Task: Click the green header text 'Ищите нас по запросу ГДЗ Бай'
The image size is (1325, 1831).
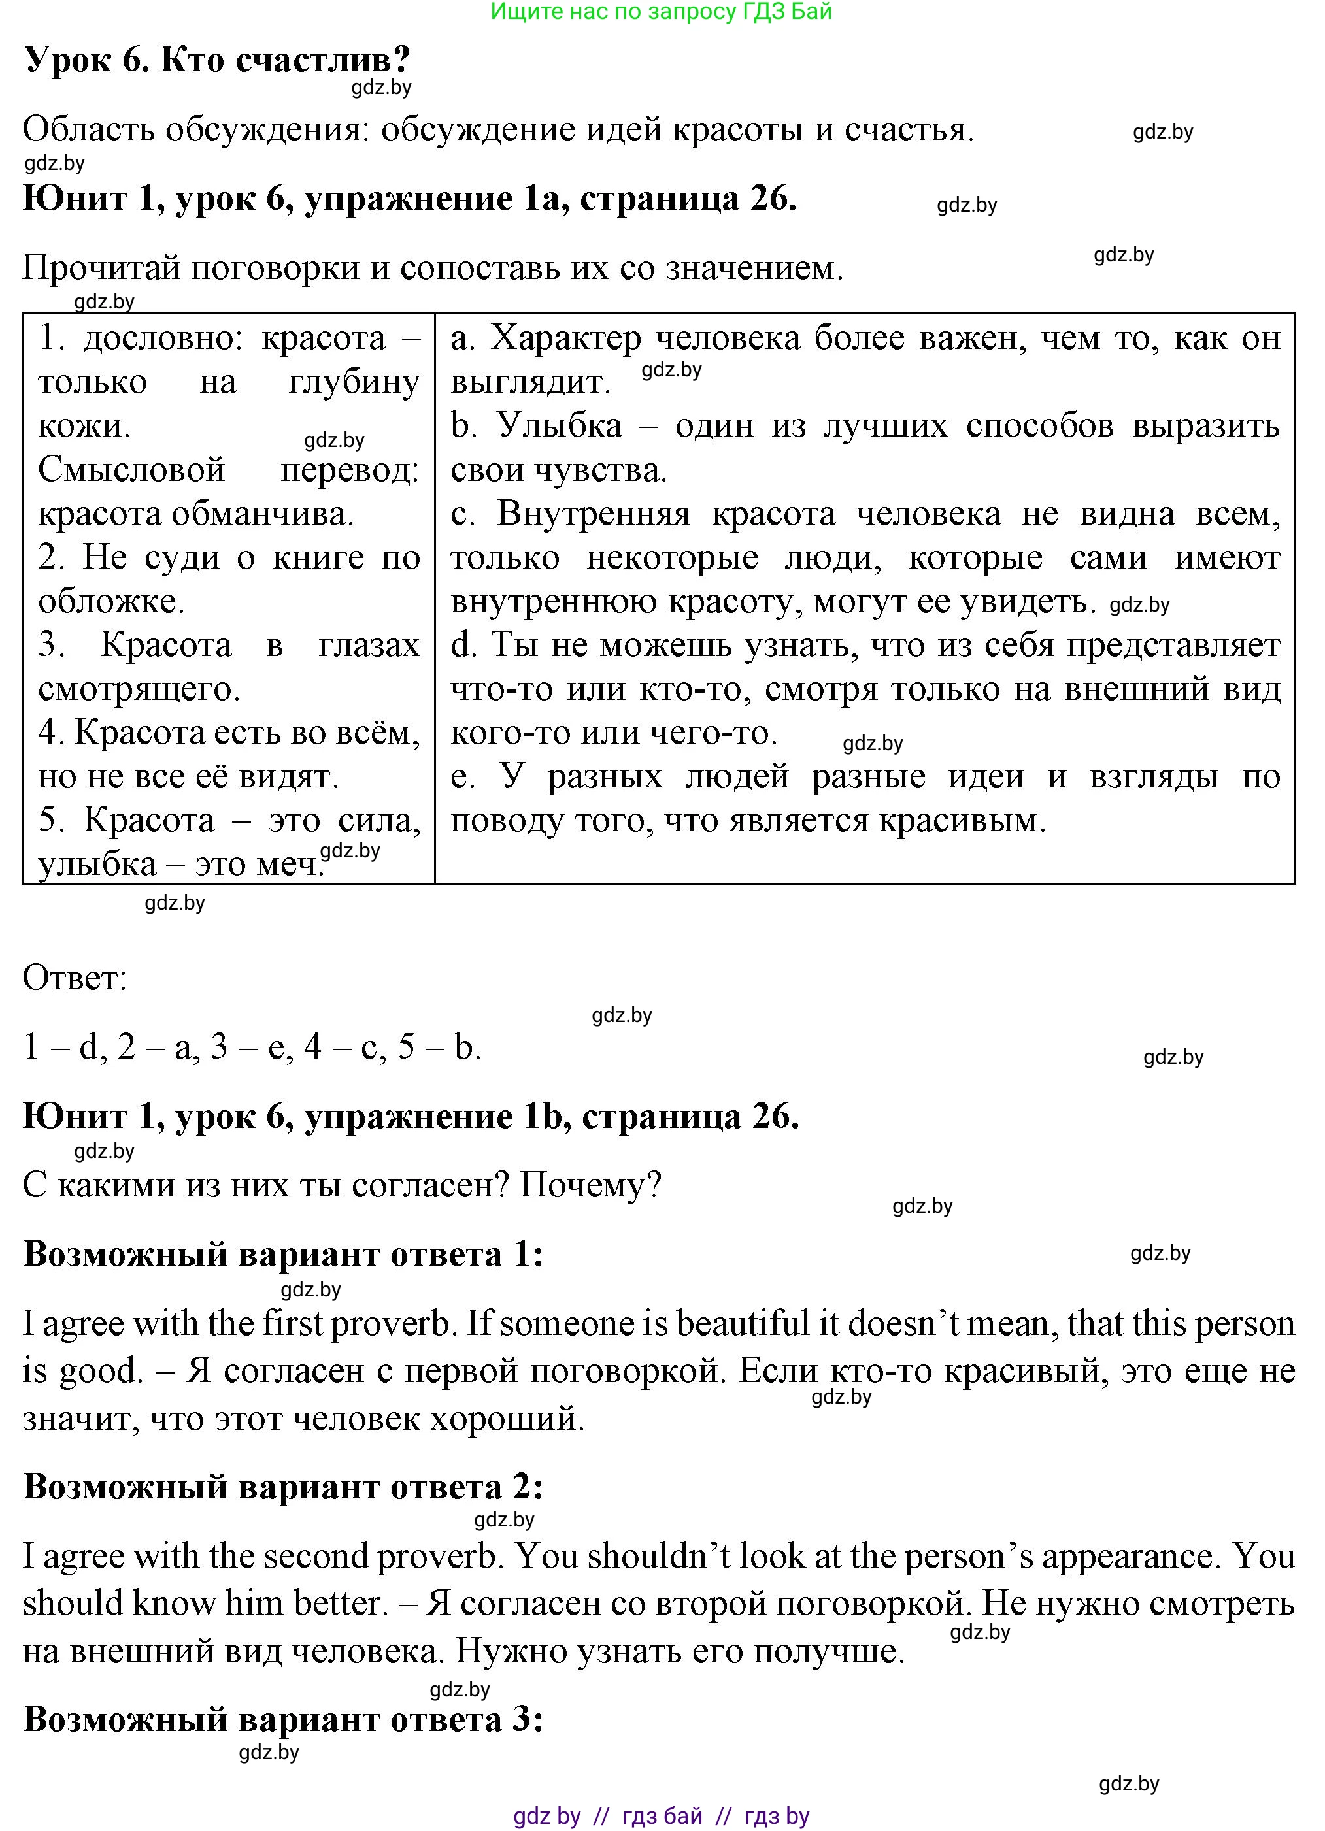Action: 662,11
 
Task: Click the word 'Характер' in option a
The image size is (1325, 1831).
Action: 565,338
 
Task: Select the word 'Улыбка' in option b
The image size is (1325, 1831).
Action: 559,426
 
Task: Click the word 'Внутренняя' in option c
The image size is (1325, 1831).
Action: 594,514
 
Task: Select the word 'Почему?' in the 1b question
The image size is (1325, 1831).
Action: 590,1185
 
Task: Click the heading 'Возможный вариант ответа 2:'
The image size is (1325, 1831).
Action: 282,1486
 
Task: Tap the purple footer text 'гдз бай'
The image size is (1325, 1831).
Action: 662,1817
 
